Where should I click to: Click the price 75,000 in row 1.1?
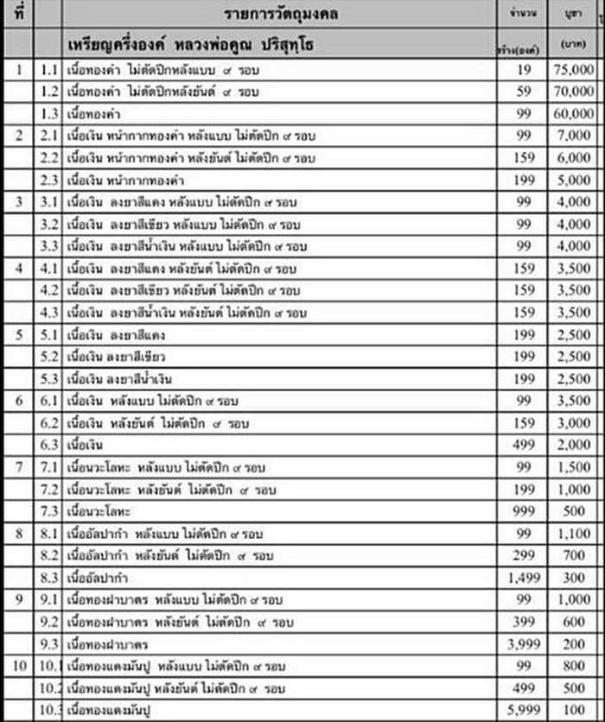click(x=572, y=67)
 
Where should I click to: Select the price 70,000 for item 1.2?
click(x=572, y=90)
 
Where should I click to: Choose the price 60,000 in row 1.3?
click(x=572, y=112)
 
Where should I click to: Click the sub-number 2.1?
click(x=49, y=135)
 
